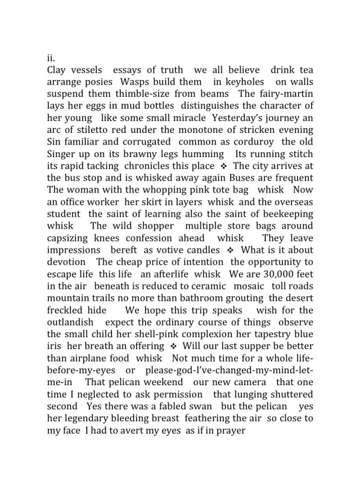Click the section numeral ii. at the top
[51, 58]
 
